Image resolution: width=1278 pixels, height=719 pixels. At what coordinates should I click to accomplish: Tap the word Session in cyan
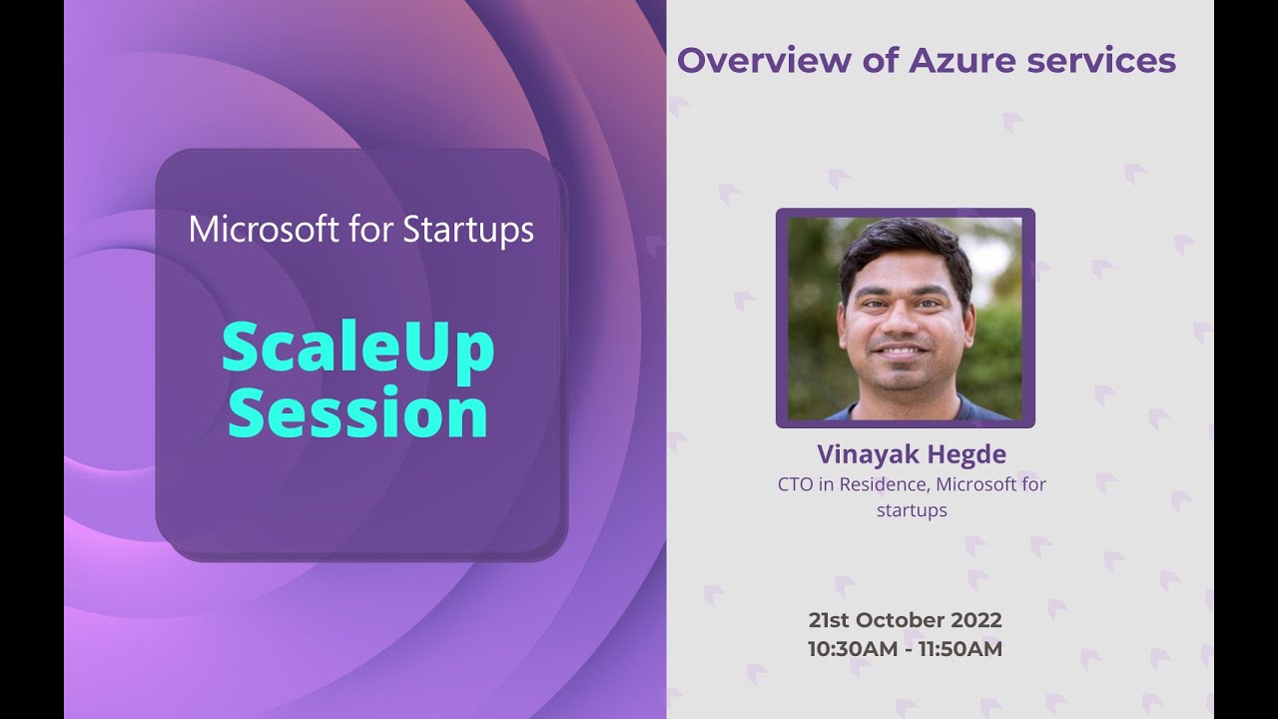[358, 413]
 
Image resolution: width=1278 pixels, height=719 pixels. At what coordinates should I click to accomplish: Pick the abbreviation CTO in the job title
[796, 483]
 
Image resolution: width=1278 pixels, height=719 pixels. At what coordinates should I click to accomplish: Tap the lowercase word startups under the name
[911, 509]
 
